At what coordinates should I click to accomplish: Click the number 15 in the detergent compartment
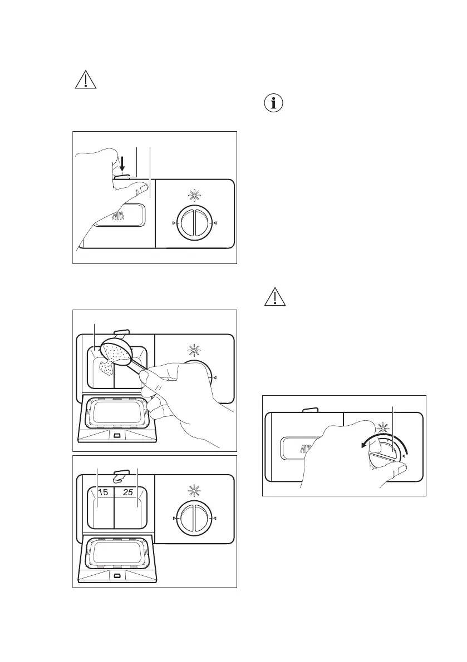click(x=100, y=492)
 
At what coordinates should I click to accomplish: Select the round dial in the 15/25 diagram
click(x=195, y=519)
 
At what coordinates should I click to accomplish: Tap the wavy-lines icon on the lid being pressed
click(x=119, y=216)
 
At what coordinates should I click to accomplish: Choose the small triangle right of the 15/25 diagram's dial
click(x=215, y=519)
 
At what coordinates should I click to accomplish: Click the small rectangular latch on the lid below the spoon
click(x=116, y=432)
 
